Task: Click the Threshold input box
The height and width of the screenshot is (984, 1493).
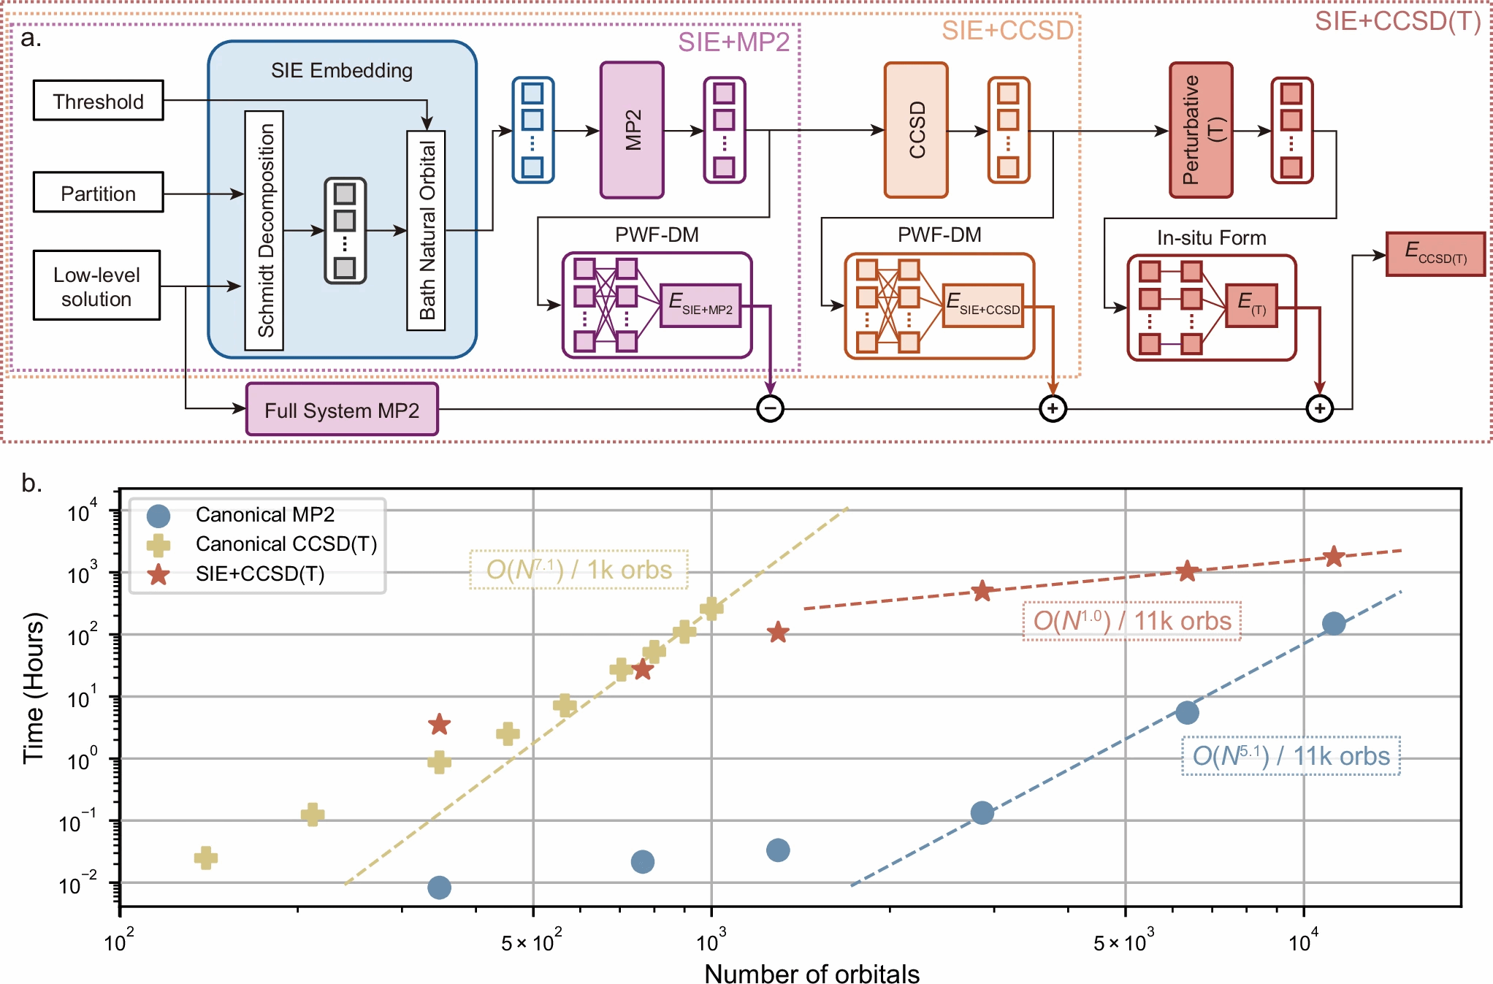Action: coord(98,101)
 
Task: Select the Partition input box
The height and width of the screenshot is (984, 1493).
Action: coord(98,193)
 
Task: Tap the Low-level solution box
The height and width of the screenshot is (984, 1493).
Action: coord(96,286)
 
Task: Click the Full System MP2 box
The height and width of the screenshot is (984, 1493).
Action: coord(342,410)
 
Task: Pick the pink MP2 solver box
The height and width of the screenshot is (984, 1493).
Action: coord(632,130)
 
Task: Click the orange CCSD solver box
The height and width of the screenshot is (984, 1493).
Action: coord(916,130)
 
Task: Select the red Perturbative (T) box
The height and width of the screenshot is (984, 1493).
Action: coord(1201,130)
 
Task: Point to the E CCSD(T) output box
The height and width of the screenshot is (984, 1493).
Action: coord(1435,254)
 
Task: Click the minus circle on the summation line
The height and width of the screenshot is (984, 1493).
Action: coord(770,408)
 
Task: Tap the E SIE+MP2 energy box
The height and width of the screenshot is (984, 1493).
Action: coord(700,305)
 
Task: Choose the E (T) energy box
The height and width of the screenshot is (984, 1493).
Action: coord(1251,305)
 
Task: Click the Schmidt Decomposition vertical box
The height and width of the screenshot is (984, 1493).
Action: coord(264,230)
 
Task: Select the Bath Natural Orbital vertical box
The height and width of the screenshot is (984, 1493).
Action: coord(427,230)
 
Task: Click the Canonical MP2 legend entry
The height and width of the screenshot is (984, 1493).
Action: coord(264,515)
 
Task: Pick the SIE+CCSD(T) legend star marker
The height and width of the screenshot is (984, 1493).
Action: coord(159,575)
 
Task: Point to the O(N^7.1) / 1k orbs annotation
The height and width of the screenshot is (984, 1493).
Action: coord(579,570)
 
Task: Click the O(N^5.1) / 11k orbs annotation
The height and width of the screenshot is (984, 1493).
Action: coord(1291,756)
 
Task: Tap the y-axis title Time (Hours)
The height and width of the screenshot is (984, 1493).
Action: coord(34,688)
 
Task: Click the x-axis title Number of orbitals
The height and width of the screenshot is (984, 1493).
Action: coord(812,973)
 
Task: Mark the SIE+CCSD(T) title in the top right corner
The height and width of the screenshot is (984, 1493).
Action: coord(1397,22)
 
